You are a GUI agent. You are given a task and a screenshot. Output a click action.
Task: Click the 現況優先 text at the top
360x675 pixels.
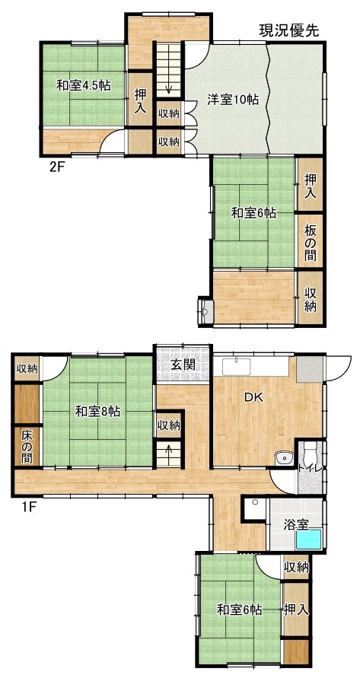click(x=288, y=30)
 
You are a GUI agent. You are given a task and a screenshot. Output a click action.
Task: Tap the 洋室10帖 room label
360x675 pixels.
click(x=233, y=100)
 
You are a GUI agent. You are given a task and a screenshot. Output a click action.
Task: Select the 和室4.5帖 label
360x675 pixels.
click(x=84, y=85)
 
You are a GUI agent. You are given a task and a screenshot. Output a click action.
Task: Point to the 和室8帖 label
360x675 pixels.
click(x=97, y=412)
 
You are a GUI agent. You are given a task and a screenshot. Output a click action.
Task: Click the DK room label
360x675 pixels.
click(x=253, y=397)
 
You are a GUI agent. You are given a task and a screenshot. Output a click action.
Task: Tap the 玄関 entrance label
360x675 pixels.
click(x=183, y=365)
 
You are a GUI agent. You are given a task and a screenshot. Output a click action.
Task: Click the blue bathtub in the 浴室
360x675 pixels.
click(x=308, y=539)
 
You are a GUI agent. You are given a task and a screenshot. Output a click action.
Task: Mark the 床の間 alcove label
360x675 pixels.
click(x=27, y=445)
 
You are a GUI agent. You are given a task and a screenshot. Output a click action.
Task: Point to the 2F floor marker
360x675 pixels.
click(x=57, y=167)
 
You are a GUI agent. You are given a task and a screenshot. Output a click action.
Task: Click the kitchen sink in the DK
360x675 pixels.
click(x=237, y=368)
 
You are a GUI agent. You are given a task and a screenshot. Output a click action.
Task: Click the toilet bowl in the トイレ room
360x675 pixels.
click(x=309, y=451)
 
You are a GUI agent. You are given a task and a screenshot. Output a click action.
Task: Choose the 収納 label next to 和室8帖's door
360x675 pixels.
click(x=27, y=368)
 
